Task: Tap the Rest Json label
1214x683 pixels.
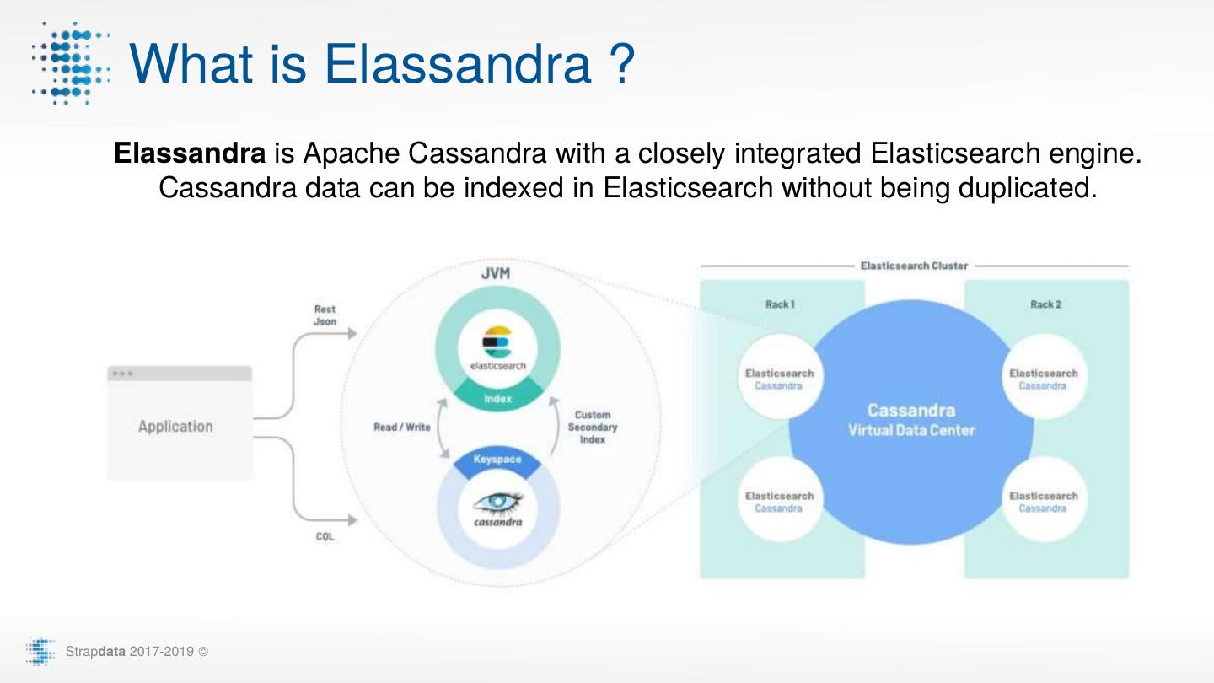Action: [x=325, y=315]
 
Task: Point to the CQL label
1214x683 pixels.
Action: [x=325, y=537]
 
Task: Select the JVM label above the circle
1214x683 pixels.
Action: [x=495, y=274]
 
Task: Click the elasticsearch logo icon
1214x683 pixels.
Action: [x=497, y=342]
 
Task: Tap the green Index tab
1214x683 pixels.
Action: [x=497, y=398]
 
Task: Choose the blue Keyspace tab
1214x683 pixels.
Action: [x=497, y=460]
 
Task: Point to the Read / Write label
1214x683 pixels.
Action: [x=401, y=428]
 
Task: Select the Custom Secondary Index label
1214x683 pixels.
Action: [x=592, y=428]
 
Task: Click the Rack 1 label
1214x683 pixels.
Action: [x=780, y=304]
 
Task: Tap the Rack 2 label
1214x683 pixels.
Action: [x=1045, y=304]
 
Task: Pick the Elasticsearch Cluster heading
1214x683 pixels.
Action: [x=914, y=266]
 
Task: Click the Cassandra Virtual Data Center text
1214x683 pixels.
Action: [x=910, y=420]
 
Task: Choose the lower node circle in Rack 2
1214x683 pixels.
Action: [x=1043, y=502]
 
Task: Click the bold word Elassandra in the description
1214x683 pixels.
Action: [x=190, y=153]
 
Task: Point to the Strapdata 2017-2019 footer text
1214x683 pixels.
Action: [x=130, y=652]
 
